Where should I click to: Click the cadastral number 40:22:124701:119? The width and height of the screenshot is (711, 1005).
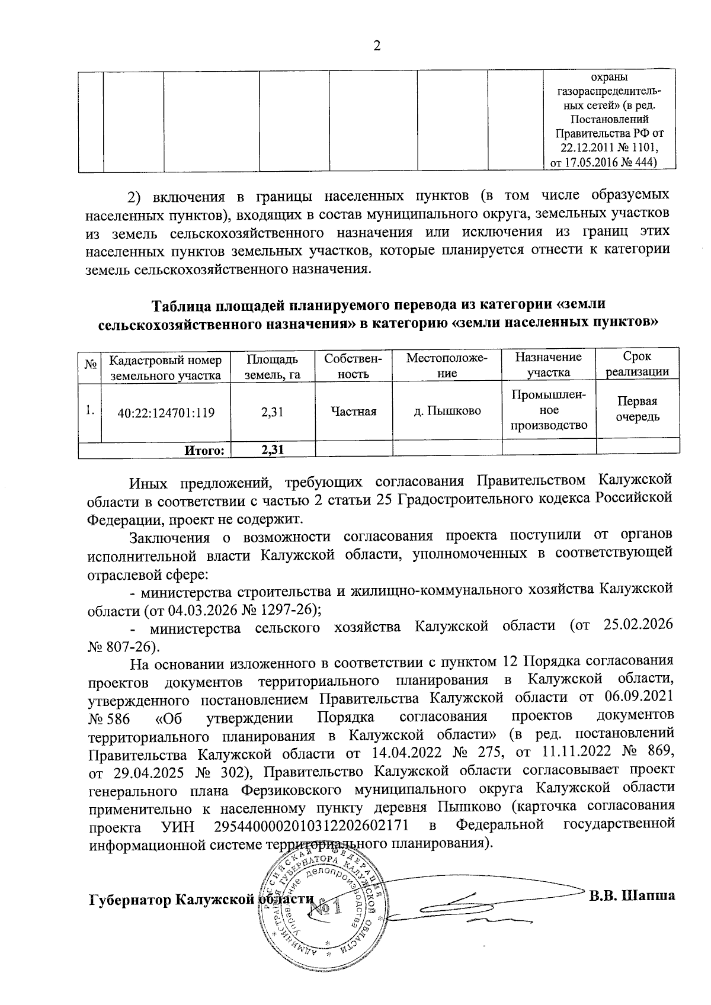166,412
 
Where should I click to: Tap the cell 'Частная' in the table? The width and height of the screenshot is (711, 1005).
354,412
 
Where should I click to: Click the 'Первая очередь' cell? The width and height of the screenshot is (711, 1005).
637,409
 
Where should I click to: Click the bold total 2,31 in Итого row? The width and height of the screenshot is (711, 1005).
273,450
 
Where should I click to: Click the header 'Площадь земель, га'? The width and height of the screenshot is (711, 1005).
273,367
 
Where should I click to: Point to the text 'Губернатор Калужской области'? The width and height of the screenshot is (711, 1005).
200,899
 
